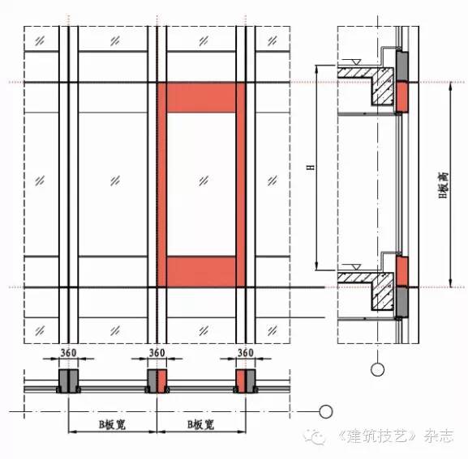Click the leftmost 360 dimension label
tap(69, 353)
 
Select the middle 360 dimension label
tap(157, 353)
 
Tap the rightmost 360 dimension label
tap(245, 353)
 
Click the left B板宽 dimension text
tap(112, 425)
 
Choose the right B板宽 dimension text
tap(201, 425)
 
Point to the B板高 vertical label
tap(444, 185)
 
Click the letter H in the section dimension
tap(311, 167)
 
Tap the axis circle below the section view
tap(378, 370)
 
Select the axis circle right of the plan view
tap(326, 412)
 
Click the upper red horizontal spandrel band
tap(201, 98)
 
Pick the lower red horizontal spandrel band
tap(201, 272)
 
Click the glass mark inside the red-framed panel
tap(204, 181)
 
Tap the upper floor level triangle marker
tap(355, 62)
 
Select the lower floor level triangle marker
tap(355, 267)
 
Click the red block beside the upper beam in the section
tap(402, 97)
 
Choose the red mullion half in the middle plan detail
tap(162, 381)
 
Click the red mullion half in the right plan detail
tap(241, 381)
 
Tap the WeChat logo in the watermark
tap(315, 436)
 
